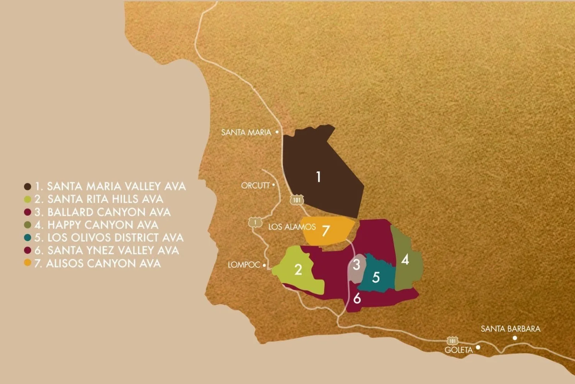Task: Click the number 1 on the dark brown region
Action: coord(318,177)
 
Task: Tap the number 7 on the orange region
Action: coord(325,231)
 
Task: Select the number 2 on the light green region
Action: coord(298,270)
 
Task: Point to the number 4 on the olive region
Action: coord(405,260)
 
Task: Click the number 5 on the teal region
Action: coord(376,277)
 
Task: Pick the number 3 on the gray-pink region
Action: coord(356,265)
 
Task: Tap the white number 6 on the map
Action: coord(357,298)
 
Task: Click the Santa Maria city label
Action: coord(246,132)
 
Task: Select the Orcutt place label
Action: coord(255,185)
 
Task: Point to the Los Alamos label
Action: coord(292,227)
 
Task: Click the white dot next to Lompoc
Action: coord(264,265)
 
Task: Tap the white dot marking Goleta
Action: coord(478,347)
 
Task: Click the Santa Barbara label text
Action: coord(510,329)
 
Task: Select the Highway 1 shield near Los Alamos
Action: coord(255,222)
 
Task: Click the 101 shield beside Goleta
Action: coord(453,341)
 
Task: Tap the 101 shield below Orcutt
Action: coord(297,200)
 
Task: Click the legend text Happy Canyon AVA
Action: coord(102,225)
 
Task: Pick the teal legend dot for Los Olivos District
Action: coord(28,238)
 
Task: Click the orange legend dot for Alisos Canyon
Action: coord(28,263)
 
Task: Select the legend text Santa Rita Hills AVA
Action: coord(105,199)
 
